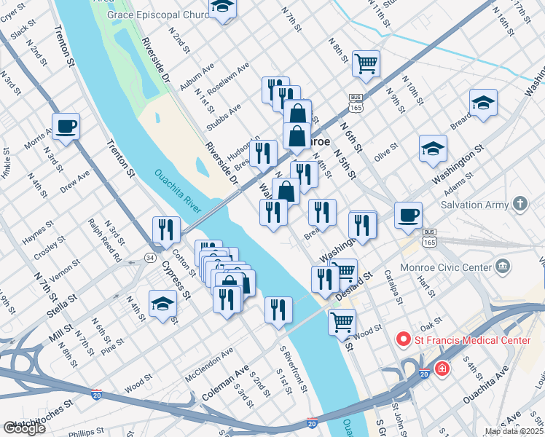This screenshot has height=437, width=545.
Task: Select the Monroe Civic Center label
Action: (449, 267)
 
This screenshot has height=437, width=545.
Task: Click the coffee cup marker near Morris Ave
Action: (66, 126)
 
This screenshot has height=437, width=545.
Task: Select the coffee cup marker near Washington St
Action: (408, 214)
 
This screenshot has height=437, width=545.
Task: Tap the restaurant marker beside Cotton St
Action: (167, 230)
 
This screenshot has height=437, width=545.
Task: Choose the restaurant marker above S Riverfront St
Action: (278, 310)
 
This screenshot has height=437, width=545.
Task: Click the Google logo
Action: (23, 428)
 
